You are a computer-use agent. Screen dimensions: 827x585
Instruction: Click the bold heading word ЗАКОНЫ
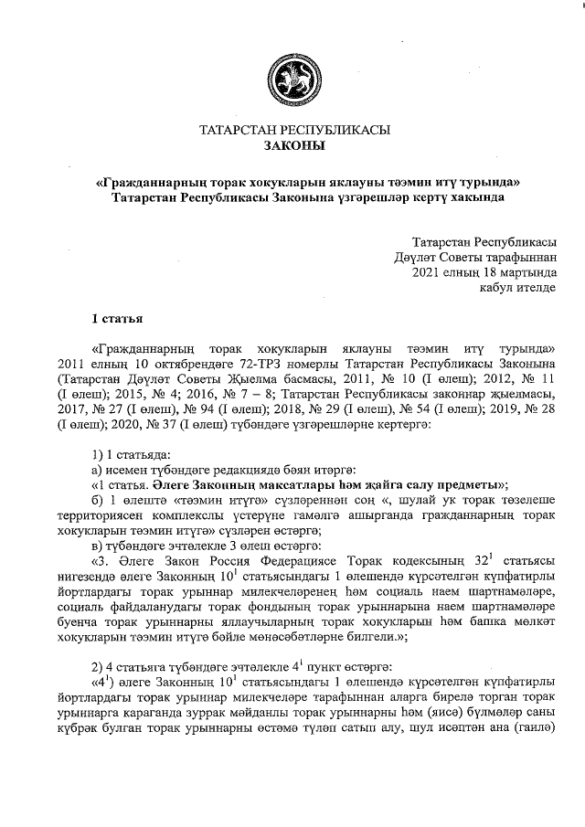pos(293,145)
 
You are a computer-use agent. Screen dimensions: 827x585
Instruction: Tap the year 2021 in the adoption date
pos(429,271)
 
